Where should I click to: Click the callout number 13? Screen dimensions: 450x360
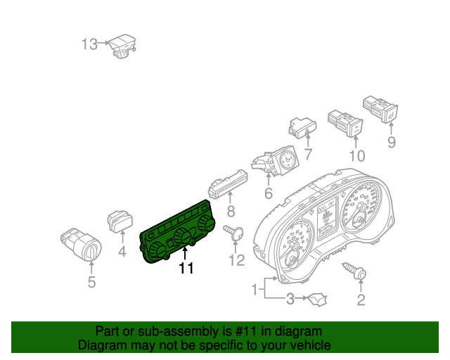[x=89, y=44]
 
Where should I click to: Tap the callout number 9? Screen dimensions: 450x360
[x=392, y=143]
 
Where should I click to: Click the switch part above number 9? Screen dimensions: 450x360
[x=380, y=109]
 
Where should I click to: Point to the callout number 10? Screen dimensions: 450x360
[x=357, y=156]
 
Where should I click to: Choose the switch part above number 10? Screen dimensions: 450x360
[x=345, y=123]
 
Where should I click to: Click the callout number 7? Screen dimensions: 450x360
[x=308, y=154]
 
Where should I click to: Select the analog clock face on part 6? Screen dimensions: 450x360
[x=287, y=160]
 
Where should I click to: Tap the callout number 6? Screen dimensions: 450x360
[x=269, y=193]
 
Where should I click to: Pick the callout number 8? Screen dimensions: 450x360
[x=231, y=212]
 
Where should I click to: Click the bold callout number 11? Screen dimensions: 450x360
[x=186, y=268]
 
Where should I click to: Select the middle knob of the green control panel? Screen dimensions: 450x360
[x=183, y=236]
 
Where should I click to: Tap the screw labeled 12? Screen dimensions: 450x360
[x=233, y=232]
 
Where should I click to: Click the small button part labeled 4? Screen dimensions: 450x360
[x=120, y=221]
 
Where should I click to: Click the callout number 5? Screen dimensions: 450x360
[x=91, y=282]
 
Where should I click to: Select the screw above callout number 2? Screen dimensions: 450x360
[x=354, y=271]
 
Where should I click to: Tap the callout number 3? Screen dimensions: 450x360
[x=290, y=299]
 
